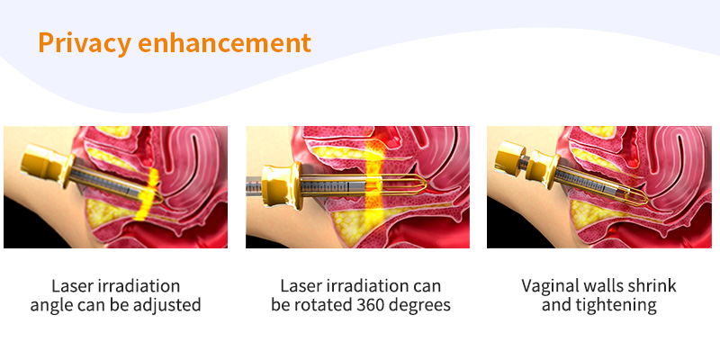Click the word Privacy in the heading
(x=85, y=43)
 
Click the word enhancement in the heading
(x=224, y=42)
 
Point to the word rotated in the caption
(x=321, y=305)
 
